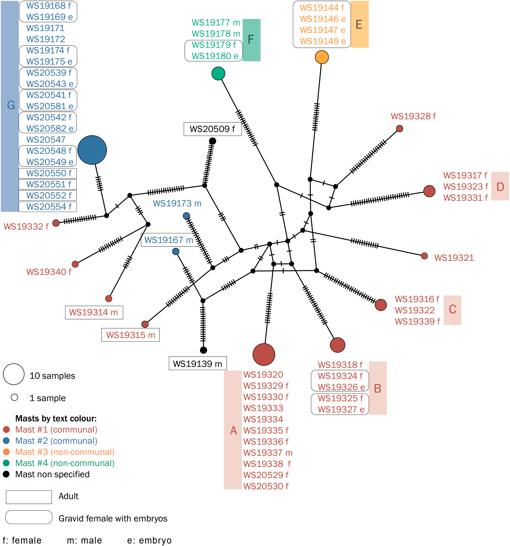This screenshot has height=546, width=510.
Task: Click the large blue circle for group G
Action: (x=92, y=150)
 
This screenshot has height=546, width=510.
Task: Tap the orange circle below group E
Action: (x=322, y=57)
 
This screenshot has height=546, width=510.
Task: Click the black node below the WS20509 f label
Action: (x=212, y=141)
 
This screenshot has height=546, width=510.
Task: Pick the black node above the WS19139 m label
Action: (x=203, y=350)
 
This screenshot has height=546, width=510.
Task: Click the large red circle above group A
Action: (x=264, y=354)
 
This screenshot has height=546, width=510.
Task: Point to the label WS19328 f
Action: (x=413, y=116)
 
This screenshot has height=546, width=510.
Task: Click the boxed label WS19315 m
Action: (x=130, y=335)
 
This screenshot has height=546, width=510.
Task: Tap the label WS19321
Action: (x=454, y=258)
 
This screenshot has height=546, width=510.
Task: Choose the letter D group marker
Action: (x=500, y=187)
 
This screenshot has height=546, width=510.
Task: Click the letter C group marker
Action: (x=452, y=310)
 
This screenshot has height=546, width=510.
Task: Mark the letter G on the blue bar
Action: (x=11, y=105)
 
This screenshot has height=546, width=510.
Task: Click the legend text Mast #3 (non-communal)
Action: (x=65, y=452)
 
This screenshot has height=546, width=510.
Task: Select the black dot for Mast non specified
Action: (x=6, y=474)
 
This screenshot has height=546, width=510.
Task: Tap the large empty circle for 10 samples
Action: (x=14, y=374)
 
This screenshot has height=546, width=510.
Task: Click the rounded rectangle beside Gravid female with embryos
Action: (x=29, y=517)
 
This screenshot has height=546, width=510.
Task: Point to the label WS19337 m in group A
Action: (x=268, y=453)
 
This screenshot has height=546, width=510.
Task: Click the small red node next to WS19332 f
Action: (x=56, y=223)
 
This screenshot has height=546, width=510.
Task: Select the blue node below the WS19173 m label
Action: (x=186, y=216)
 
